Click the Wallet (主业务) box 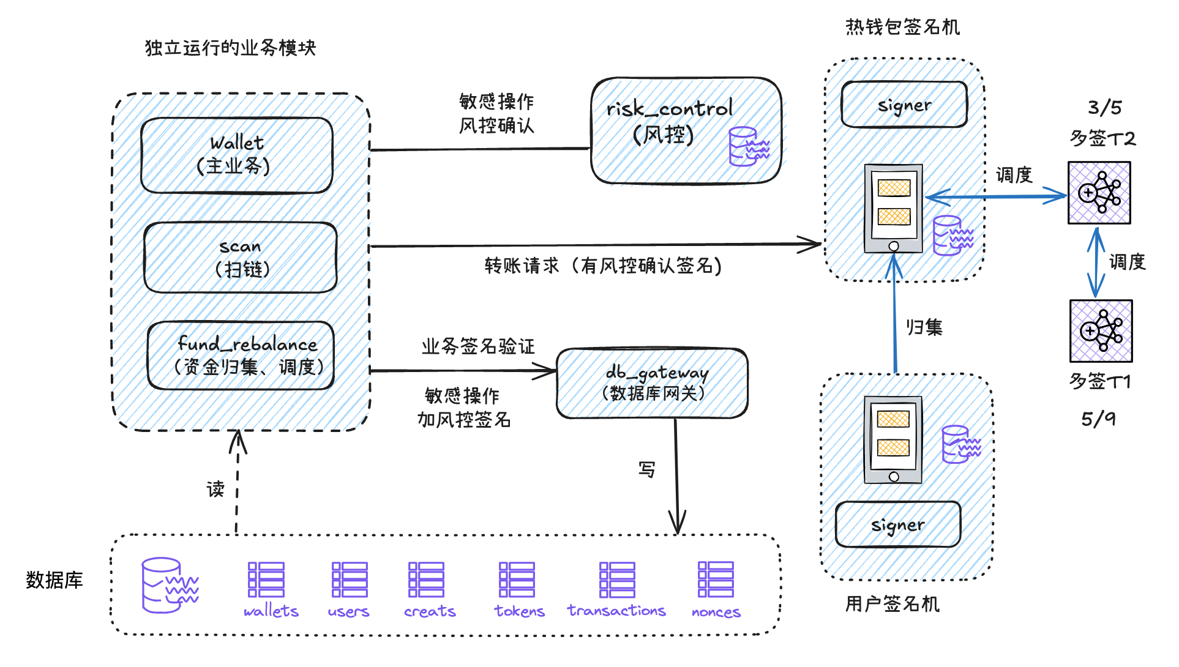point(236,155)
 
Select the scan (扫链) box point(240,258)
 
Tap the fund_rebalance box point(241,356)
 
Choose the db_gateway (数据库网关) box point(652,384)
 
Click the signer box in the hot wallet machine point(904,105)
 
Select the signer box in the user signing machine point(897,524)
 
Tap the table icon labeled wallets point(266,579)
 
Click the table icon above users point(350,579)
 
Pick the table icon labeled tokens point(517,579)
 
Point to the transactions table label point(616,611)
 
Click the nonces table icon point(716,579)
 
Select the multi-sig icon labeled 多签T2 point(1099,193)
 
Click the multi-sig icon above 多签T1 point(1101,331)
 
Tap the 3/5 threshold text point(1104,108)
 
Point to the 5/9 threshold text point(1098,419)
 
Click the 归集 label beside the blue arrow point(924,327)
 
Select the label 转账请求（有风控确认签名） point(603,266)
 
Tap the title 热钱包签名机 point(902,27)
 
